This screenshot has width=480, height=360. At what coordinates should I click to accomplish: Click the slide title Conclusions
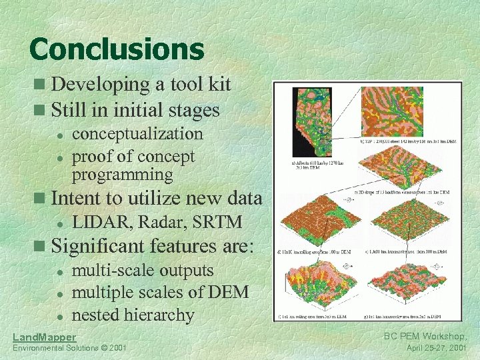click(x=117, y=49)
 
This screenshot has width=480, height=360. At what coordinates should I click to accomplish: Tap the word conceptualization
click(x=137, y=133)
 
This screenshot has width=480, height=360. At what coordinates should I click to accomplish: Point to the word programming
click(x=122, y=175)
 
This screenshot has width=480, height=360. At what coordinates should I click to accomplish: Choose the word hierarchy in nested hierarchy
click(x=159, y=315)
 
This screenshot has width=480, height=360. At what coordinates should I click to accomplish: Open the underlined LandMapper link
click(x=45, y=337)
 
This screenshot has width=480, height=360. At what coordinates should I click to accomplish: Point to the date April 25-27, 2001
click(x=436, y=348)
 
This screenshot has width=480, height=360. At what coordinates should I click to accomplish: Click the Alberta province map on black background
click(x=312, y=122)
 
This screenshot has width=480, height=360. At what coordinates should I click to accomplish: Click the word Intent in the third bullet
click(x=73, y=198)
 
